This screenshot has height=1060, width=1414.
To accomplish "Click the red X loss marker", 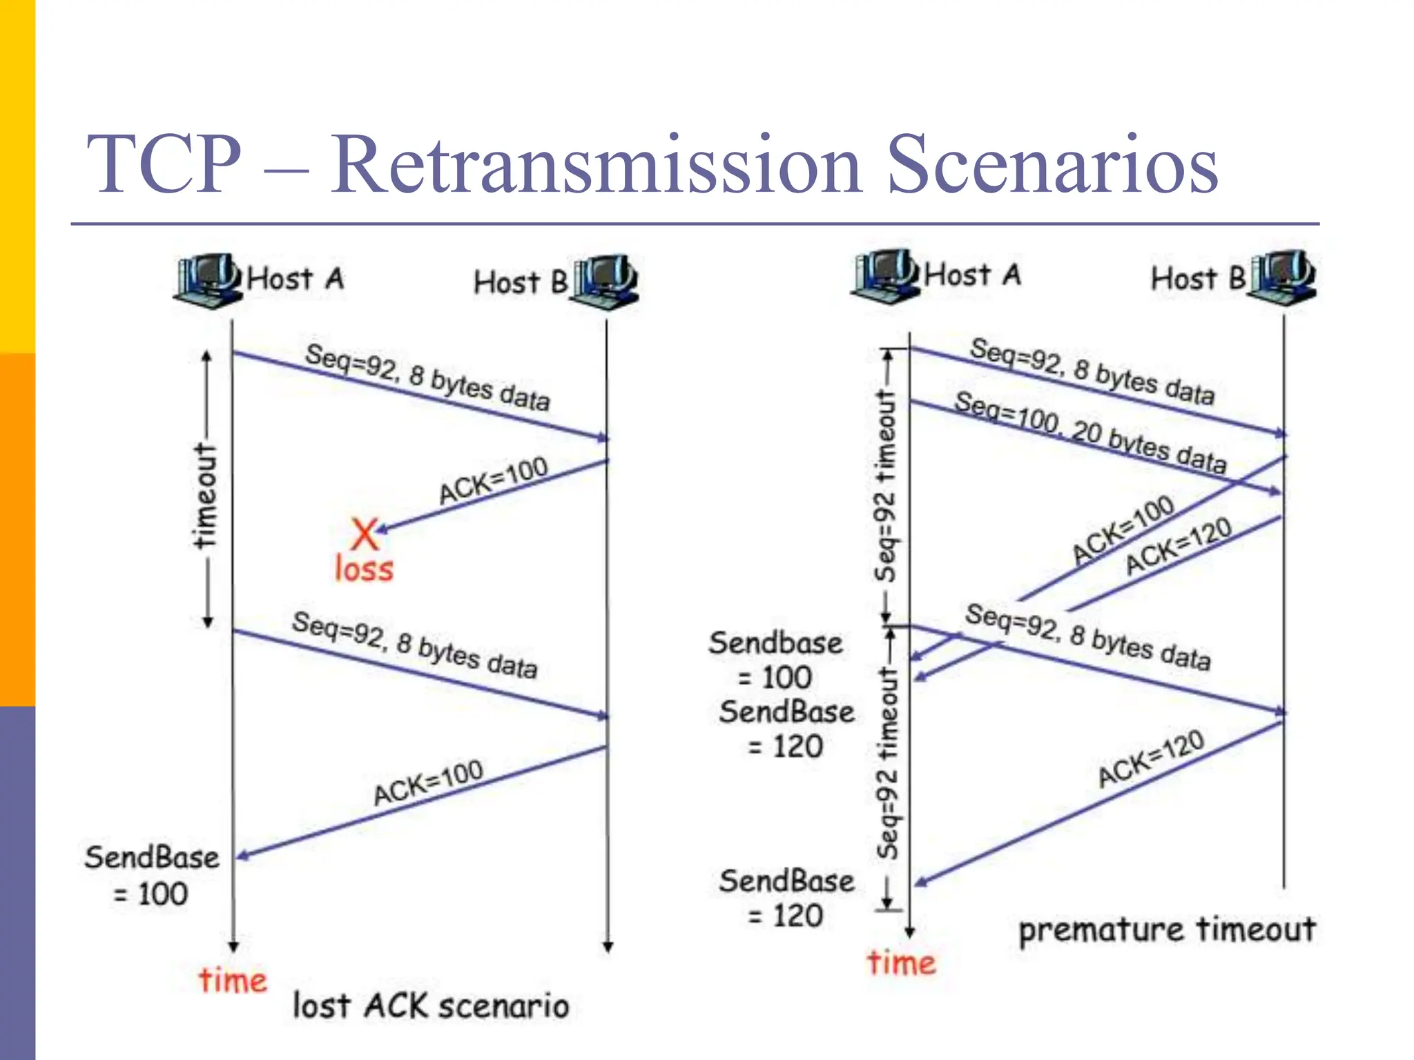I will [364, 533].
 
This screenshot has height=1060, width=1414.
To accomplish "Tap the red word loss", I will [364, 570].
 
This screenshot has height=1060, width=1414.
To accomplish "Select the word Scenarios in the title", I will [1052, 166].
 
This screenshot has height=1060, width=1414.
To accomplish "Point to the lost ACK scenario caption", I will [431, 1005].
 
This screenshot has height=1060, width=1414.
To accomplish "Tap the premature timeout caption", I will [1167, 929].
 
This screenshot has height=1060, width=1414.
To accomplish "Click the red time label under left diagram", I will [233, 980].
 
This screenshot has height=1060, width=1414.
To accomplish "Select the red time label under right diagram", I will [901, 963].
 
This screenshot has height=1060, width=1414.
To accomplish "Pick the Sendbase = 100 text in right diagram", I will [776, 660].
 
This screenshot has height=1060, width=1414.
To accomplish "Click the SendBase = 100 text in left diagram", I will [151, 875].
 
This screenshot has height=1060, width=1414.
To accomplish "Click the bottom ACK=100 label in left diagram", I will [428, 783].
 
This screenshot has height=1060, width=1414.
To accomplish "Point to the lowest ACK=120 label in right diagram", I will [1151, 758].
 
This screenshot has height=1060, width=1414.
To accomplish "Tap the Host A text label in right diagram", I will [972, 275].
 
